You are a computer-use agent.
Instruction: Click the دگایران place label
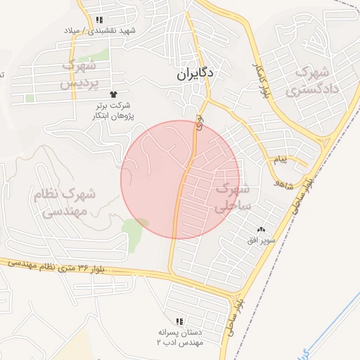[x=195, y=72]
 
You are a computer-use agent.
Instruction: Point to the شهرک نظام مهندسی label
[x=65, y=201]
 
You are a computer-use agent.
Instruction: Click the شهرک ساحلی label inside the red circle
[x=232, y=198]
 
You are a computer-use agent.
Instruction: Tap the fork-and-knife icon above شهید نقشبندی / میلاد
[x=99, y=20]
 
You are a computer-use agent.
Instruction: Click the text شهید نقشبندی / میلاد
[x=108, y=32]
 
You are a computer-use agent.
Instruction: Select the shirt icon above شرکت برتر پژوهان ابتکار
[x=112, y=94]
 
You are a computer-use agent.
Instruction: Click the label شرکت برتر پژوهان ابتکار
[x=115, y=110]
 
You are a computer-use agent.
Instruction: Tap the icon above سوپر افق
[x=262, y=230]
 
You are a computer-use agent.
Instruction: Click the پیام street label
[x=281, y=160]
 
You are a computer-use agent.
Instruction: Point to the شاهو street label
[x=285, y=185]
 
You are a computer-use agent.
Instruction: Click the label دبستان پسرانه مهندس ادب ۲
[x=179, y=336]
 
